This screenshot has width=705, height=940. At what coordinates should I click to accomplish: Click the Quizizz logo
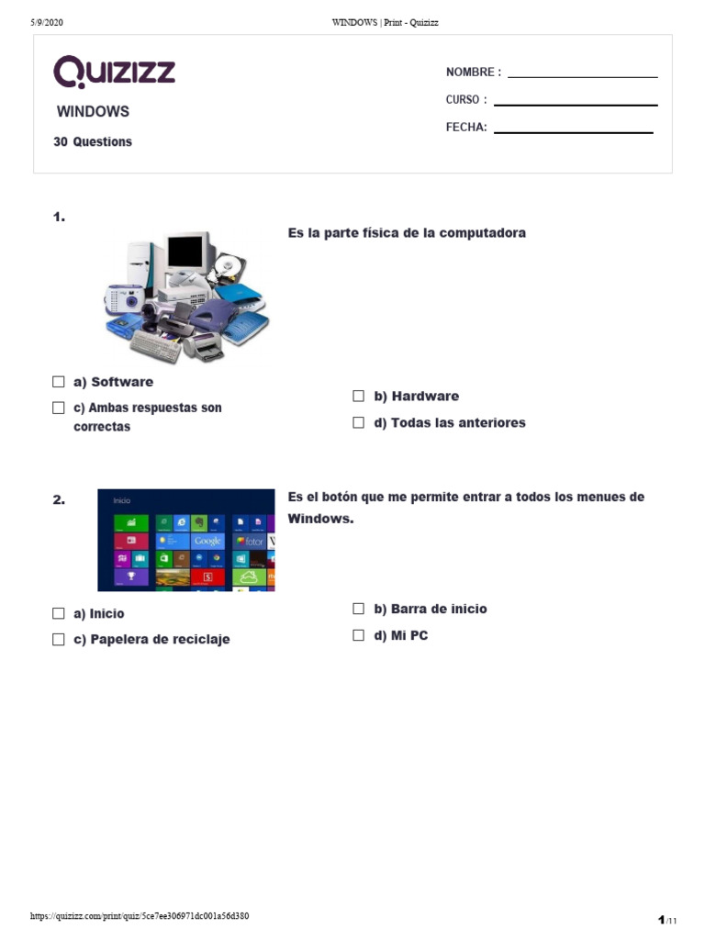114,72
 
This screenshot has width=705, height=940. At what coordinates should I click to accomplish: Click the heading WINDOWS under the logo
93,112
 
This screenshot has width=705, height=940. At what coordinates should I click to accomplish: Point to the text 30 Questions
93,142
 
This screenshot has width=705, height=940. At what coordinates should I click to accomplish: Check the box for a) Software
59,382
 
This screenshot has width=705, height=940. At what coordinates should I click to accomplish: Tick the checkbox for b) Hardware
359,397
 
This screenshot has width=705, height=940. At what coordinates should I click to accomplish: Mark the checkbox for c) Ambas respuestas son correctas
59,408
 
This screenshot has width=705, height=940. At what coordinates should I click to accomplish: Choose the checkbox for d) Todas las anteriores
359,423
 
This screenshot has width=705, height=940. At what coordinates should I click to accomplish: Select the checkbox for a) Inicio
59,613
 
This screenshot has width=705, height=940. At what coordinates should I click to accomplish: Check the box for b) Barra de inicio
359,609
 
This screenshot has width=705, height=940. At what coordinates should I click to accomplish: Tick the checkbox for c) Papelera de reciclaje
59,640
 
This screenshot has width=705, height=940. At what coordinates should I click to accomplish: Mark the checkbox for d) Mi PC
359,635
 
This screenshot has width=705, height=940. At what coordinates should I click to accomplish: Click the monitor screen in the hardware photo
185,251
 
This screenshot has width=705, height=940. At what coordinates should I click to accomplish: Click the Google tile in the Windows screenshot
207,542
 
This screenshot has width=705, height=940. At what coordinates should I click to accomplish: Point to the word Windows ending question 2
319,519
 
